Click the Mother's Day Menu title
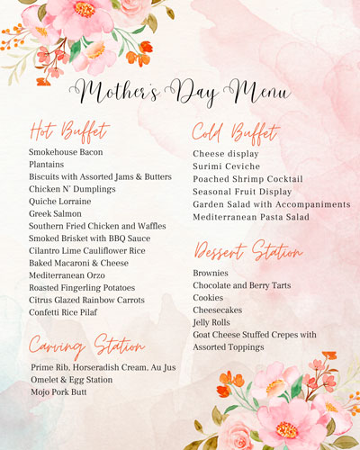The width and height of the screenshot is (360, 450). (184, 91)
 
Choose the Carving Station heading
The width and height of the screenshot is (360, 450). (86, 345)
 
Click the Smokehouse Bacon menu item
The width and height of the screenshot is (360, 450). (66, 152)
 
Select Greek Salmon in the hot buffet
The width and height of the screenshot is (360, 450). (55, 214)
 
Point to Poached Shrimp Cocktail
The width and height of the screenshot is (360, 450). (248, 179)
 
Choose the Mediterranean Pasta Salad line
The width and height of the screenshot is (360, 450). (250, 217)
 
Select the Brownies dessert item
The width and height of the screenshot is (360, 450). (211, 273)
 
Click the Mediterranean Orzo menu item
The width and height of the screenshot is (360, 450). (67, 275)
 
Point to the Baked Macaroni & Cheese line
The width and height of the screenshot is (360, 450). (77, 263)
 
